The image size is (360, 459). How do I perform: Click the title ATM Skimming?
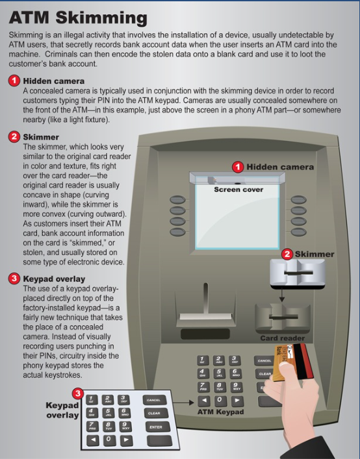pyautogui.click(x=77, y=18)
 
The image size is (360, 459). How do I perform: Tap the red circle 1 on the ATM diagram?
pyautogui.click(x=238, y=167)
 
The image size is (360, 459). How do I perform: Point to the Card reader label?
pyautogui.click(x=283, y=338)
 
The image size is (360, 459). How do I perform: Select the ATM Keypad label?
pyautogui.click(x=221, y=412)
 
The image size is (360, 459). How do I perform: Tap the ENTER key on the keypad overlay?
pyautogui.click(x=155, y=427)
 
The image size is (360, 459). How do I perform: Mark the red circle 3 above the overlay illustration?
pyautogui.click(x=78, y=393)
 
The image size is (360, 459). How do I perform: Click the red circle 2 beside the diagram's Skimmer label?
pyautogui.click(x=287, y=254)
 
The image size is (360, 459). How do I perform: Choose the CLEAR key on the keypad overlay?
pyautogui.click(x=154, y=413)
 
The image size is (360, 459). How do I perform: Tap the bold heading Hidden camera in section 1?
pyautogui.click(x=54, y=81)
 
